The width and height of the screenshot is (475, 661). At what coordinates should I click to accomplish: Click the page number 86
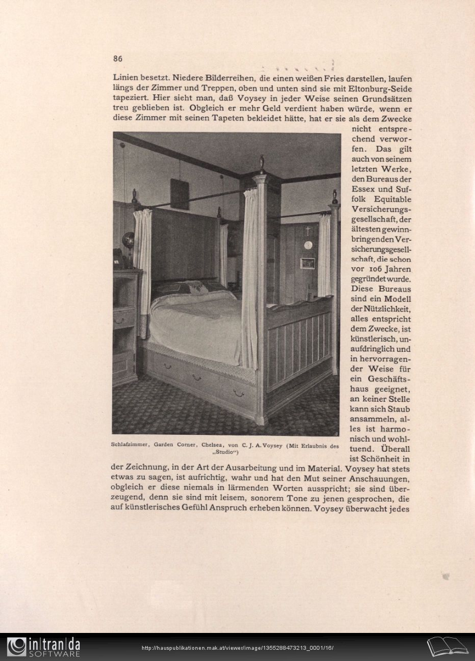pyautogui.click(x=117, y=58)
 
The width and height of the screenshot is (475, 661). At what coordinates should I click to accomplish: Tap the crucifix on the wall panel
pyautogui.click(x=308, y=231)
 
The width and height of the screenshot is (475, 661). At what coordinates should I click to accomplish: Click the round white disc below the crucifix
pyautogui.click(x=308, y=245)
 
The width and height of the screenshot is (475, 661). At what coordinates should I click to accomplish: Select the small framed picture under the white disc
pyautogui.click(x=307, y=263)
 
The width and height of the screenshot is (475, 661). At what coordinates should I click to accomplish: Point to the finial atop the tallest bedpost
pyautogui.click(x=261, y=163)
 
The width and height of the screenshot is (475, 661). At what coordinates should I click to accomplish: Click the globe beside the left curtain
pyautogui.click(x=129, y=240)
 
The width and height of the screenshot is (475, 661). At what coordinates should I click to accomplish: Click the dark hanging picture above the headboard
pyautogui.click(x=180, y=194)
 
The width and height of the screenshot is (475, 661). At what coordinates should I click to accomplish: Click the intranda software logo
pyautogui.click(x=43, y=647)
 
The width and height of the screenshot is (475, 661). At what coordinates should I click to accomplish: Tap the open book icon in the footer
pyautogui.click(x=447, y=646)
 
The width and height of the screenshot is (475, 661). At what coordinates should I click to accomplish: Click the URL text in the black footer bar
pyautogui.click(x=237, y=648)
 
